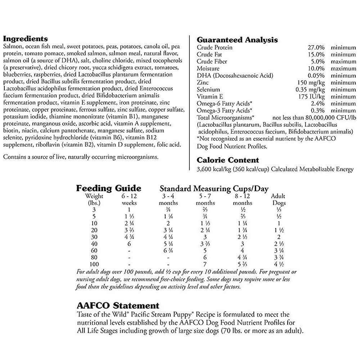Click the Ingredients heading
point(25,39)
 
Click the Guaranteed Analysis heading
point(237,40)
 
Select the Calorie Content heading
point(228,160)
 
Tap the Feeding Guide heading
point(108,188)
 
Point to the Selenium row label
point(208,89)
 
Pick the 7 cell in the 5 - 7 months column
point(205,265)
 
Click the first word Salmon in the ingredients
point(11,47)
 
